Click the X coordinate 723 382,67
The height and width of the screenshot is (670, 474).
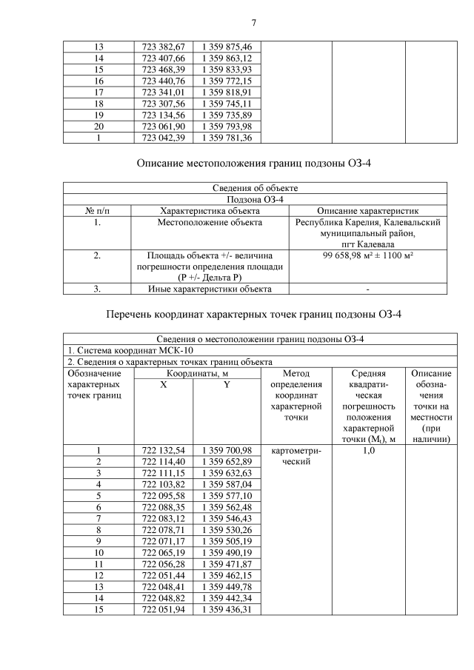point(164,47)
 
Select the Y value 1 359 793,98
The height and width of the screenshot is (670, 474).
point(227,127)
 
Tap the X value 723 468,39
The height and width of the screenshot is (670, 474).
point(164,70)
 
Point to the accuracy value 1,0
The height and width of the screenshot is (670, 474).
point(368,450)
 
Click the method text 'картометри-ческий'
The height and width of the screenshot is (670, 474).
point(296,455)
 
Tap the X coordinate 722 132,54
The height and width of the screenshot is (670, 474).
point(164,450)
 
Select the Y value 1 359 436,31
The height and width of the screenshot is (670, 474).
point(227,609)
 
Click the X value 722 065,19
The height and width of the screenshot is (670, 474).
point(164,552)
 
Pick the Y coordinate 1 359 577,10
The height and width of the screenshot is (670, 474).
point(227,495)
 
